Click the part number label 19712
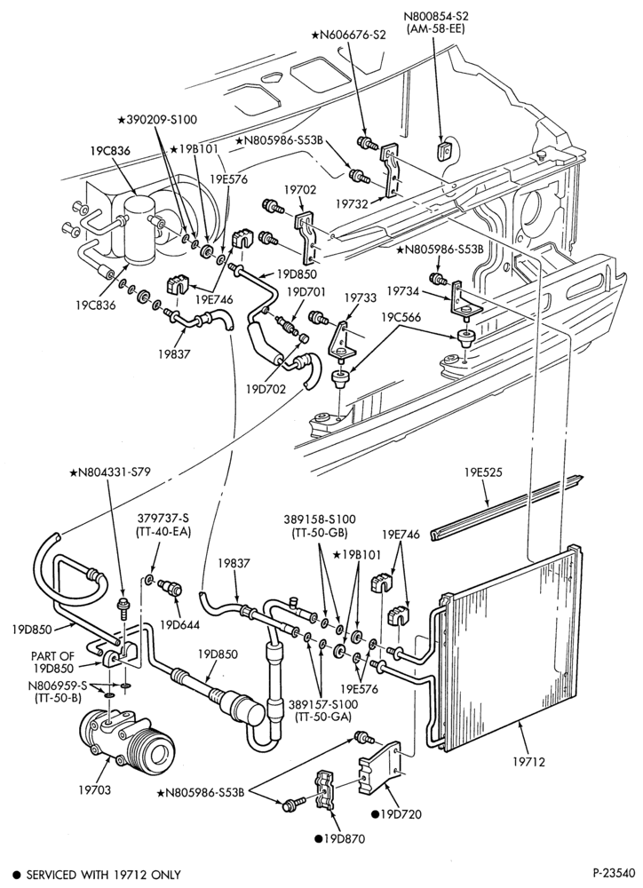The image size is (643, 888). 528,762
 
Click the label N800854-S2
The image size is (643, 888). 436,16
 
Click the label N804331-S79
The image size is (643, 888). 110,472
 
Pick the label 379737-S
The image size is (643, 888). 164,518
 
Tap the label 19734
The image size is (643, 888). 403,290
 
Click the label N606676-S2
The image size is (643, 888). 348,36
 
